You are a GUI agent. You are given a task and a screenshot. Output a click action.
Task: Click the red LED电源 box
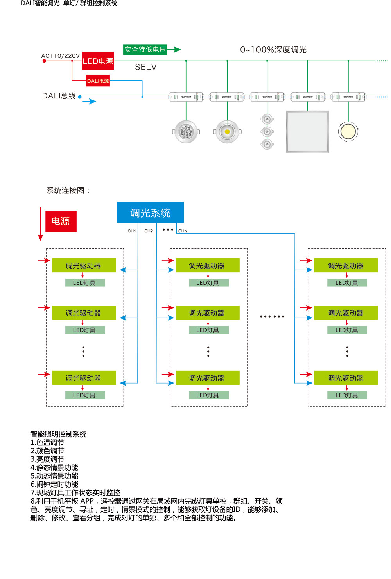click(98, 61)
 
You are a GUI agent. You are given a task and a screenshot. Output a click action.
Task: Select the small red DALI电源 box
click(98, 81)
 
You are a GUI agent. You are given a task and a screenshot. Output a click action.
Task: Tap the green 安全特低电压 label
click(145, 50)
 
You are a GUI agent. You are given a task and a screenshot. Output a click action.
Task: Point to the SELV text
click(146, 67)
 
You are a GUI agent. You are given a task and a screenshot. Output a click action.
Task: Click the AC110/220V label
click(61, 56)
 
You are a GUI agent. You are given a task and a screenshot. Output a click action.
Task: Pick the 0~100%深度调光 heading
click(273, 50)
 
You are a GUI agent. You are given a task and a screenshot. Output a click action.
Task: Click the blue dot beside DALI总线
click(80, 96)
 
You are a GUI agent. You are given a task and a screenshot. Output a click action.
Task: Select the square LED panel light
click(308, 132)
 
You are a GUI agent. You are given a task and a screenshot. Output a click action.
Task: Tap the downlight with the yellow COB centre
click(227, 132)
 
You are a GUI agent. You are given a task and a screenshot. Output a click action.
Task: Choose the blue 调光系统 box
click(150, 213)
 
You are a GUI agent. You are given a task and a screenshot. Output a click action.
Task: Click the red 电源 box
click(61, 222)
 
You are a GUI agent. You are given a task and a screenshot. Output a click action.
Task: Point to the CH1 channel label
click(132, 231)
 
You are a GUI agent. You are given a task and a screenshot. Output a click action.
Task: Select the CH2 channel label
click(149, 231)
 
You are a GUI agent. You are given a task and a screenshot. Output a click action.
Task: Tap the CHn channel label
click(183, 231)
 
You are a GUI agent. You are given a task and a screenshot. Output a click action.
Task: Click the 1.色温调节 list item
click(47, 442)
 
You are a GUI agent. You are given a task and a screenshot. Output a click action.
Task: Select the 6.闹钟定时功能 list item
click(54, 484)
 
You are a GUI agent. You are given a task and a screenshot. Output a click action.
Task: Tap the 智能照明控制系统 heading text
click(59, 434)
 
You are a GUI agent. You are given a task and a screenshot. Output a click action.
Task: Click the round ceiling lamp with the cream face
click(348, 131)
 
